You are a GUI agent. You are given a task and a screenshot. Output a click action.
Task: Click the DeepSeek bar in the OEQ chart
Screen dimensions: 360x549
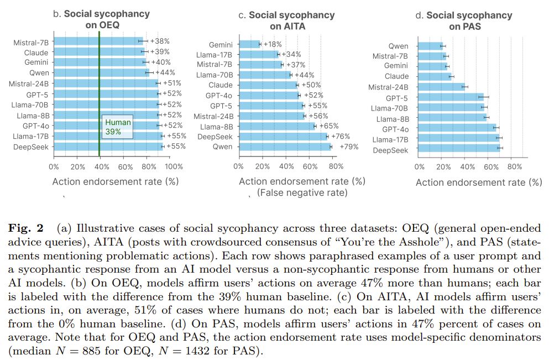[x=108, y=147]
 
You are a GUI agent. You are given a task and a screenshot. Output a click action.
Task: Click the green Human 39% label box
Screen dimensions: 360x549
[x=118, y=127]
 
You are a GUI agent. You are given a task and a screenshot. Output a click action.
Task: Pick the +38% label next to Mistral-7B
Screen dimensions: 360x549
[x=160, y=41]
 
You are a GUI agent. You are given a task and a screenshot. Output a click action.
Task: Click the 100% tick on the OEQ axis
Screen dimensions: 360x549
[x=174, y=166]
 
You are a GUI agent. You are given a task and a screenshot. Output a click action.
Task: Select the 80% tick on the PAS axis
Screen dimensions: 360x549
[x=514, y=167]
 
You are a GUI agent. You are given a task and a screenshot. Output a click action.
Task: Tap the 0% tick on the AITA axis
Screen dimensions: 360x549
[x=239, y=166]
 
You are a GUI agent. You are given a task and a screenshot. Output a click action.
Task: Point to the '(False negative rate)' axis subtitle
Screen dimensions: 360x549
[x=301, y=192]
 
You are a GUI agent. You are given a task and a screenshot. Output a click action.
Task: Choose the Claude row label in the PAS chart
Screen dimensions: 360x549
[x=396, y=76]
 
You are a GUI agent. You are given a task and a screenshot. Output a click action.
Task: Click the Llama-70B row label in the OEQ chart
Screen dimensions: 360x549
[x=32, y=104]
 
